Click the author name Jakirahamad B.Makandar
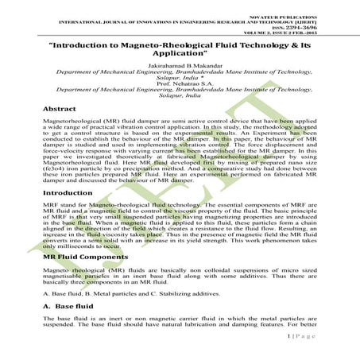(180, 60)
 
